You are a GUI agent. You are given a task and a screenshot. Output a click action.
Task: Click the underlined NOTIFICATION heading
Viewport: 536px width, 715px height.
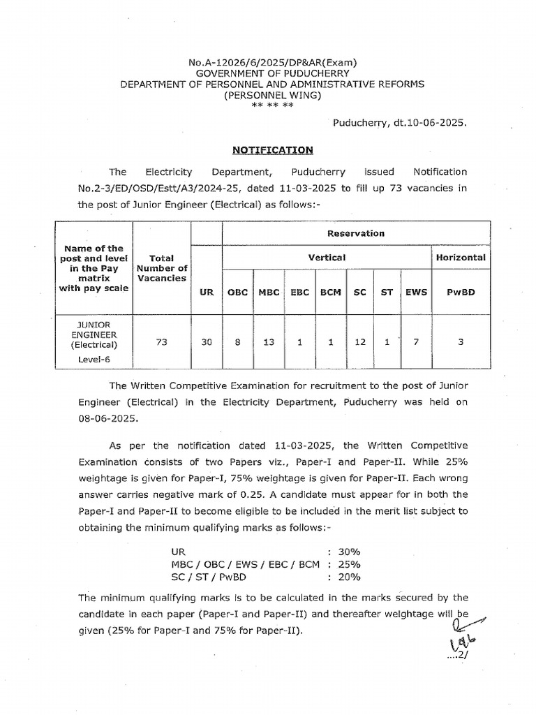pyautogui.click(x=273, y=149)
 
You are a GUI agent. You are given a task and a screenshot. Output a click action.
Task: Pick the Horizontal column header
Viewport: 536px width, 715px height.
pyautogui.click(x=460, y=258)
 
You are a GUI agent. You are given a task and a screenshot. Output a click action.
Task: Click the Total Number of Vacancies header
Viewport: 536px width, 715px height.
pyautogui.click(x=162, y=267)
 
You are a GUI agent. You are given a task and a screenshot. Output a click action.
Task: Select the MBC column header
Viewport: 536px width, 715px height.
pyautogui.click(x=269, y=293)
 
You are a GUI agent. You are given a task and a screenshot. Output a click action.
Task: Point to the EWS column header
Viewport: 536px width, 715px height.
pyautogui.click(x=416, y=293)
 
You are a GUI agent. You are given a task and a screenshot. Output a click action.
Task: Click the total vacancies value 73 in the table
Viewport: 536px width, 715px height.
pyautogui.click(x=162, y=343)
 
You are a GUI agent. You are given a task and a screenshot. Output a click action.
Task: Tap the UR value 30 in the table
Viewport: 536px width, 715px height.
pyautogui.click(x=206, y=343)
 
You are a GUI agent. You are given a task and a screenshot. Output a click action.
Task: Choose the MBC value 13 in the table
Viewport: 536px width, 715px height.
pyautogui.click(x=269, y=343)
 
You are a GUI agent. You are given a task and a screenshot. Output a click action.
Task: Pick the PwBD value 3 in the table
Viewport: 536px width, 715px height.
pyautogui.click(x=460, y=343)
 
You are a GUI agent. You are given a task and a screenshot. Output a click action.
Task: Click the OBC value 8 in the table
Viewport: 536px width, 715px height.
pyautogui.click(x=237, y=343)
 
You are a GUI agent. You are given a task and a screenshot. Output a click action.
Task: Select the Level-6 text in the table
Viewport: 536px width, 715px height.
pyautogui.click(x=94, y=360)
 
